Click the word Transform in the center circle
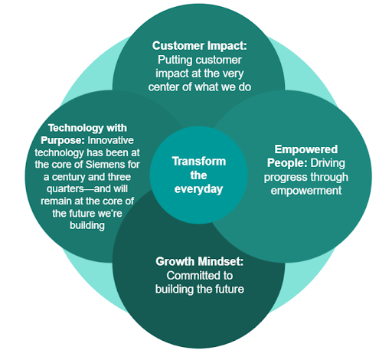(x=199, y=162)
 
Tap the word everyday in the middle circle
(x=198, y=190)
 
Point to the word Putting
(x=175, y=61)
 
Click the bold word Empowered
(x=306, y=149)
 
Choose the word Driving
(x=328, y=163)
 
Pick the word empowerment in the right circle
(x=306, y=191)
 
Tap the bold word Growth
(x=175, y=261)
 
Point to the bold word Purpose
(x=63, y=141)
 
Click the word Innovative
(x=110, y=140)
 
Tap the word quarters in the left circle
(x=65, y=189)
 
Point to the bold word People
(x=287, y=163)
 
